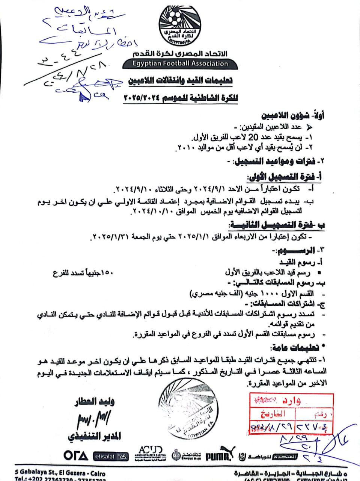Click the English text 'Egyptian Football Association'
180,64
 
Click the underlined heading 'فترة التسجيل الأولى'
286,176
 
